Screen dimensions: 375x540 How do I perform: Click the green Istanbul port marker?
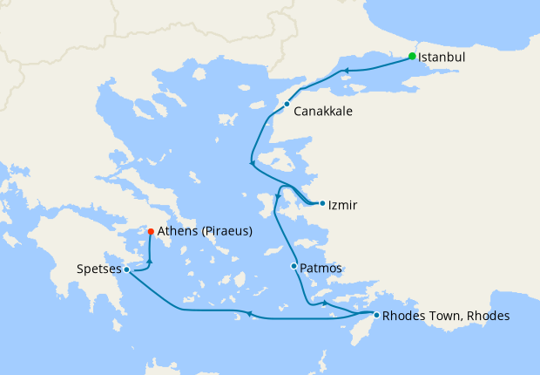point(413,57)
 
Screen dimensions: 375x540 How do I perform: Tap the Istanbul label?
point(442,58)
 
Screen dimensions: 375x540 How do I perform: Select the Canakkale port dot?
point(287,105)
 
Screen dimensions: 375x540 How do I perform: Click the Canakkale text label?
point(323,112)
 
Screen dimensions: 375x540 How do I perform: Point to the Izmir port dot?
point(322,204)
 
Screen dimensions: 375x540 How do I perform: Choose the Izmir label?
point(343,205)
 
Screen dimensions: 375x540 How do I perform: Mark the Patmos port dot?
point(294,266)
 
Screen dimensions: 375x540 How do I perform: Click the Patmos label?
point(321,268)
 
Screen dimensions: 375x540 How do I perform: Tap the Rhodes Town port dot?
point(376,315)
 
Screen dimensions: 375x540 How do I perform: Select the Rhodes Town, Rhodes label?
point(446,316)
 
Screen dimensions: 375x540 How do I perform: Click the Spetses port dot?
point(127,269)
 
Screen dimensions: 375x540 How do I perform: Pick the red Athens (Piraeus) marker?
point(151,231)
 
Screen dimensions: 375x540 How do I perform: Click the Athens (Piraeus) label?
point(205,232)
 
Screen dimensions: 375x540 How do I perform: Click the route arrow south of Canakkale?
point(252,162)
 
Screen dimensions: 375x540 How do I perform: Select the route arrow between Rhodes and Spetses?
point(249,313)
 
